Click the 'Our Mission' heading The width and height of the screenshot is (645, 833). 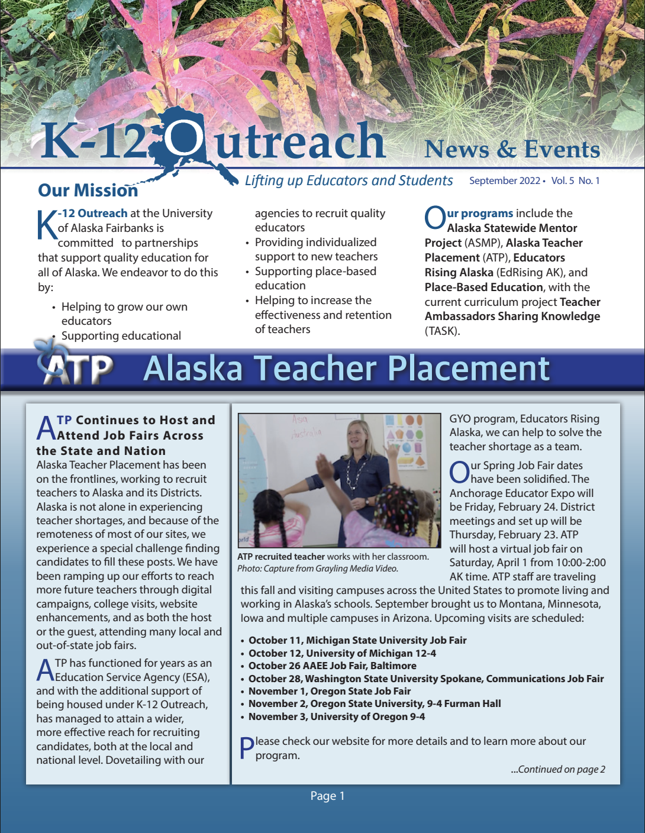click(x=88, y=191)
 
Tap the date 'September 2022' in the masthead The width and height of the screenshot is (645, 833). click(x=504, y=181)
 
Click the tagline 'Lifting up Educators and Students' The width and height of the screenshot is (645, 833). click(x=349, y=180)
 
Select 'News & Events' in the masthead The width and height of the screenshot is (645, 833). click(x=512, y=149)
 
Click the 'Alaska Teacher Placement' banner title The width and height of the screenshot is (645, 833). click(x=347, y=368)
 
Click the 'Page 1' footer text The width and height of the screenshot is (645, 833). click(x=327, y=796)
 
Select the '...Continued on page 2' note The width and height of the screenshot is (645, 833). click(x=558, y=769)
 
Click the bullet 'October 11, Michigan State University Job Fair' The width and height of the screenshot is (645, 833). click(x=357, y=640)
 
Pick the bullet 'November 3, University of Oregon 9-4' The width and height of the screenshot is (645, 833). click(x=336, y=716)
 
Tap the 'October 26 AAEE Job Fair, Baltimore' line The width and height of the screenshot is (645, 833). click(x=332, y=666)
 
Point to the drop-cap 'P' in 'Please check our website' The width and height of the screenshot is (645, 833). click(x=247, y=748)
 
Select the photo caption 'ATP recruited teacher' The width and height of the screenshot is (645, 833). click(x=281, y=557)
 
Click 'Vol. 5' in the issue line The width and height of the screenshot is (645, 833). click(x=562, y=181)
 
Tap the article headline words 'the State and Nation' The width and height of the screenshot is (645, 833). click(x=101, y=451)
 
